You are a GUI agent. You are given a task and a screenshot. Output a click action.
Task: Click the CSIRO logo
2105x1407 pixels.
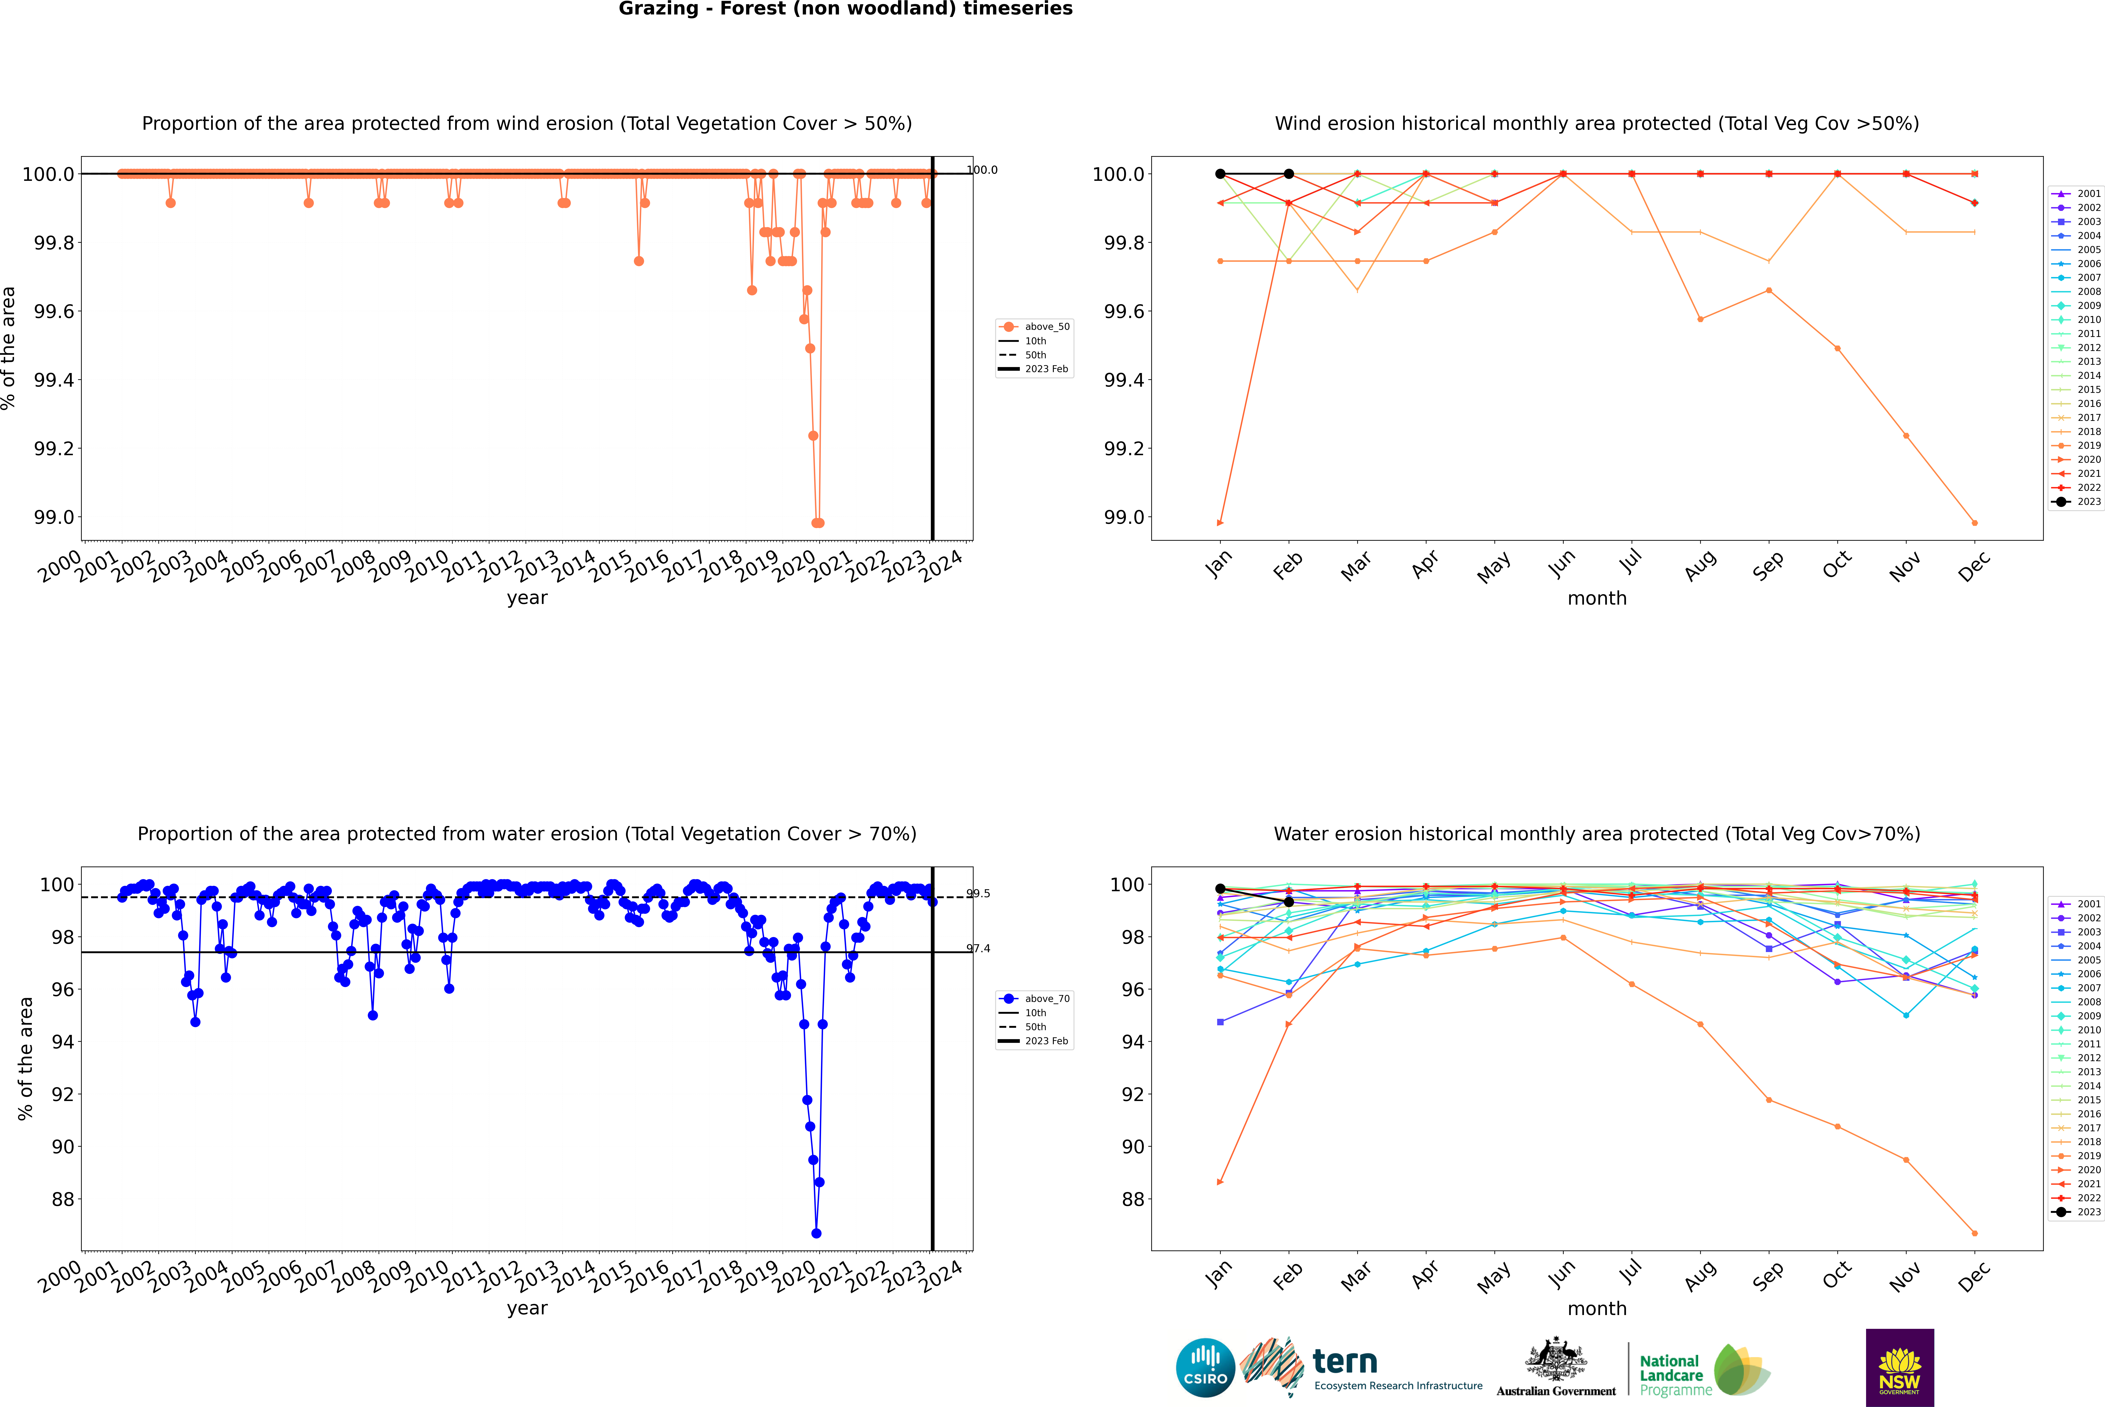[1205, 1368]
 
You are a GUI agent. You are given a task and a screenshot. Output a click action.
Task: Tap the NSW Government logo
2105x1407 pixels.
[1899, 1368]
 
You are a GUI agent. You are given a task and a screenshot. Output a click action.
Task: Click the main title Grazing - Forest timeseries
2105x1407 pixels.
[845, 9]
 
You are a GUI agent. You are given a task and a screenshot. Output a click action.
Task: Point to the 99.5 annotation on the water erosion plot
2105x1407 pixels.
[978, 894]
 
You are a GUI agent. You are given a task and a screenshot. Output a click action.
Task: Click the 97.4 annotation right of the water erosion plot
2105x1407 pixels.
[978, 948]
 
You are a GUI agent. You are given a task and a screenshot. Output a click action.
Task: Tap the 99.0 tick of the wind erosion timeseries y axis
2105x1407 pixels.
[54, 518]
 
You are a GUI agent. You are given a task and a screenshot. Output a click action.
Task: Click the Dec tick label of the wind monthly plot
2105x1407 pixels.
[1974, 567]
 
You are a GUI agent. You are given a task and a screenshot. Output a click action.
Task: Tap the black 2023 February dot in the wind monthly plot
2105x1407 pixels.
[1288, 174]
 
